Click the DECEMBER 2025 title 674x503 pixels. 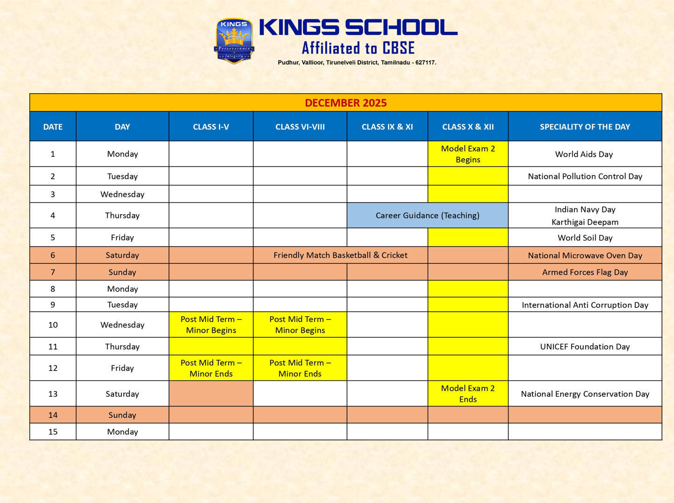click(x=345, y=103)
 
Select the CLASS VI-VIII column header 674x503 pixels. click(x=300, y=127)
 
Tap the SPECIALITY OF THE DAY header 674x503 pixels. click(x=585, y=127)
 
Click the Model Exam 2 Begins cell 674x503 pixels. click(x=468, y=154)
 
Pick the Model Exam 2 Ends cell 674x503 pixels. click(x=468, y=394)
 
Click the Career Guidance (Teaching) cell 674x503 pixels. click(x=427, y=215)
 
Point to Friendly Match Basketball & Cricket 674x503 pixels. click(x=340, y=255)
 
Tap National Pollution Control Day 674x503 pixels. click(x=585, y=176)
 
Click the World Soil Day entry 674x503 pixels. click(x=585, y=238)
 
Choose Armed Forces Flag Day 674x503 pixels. click(x=585, y=272)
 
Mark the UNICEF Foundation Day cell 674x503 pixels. click(x=585, y=347)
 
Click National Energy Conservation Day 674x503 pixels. click(x=585, y=394)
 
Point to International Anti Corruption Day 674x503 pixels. click(x=585, y=305)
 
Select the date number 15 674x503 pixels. click(x=53, y=432)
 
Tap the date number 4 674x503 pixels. click(x=53, y=216)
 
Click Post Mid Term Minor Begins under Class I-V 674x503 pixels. click(x=211, y=325)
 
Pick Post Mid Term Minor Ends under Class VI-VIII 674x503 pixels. click(x=300, y=368)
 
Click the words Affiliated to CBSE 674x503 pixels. click(x=358, y=48)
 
